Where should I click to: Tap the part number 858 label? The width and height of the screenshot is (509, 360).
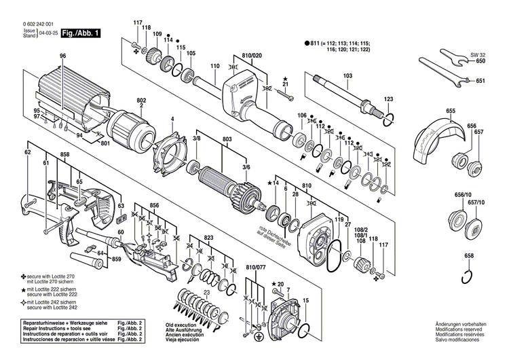[64, 156]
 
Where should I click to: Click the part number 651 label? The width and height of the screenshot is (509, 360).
[480, 82]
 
